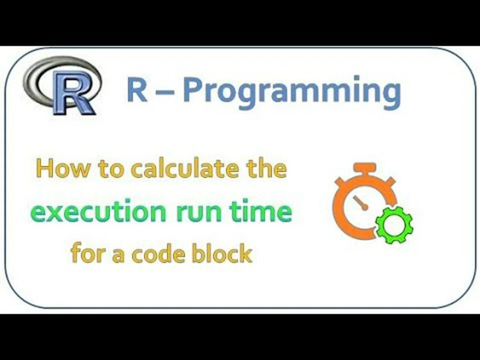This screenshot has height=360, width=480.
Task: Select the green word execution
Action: pos(99,211)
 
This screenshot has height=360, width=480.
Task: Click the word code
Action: pos(157,254)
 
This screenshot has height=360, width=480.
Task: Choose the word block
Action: pos(222,253)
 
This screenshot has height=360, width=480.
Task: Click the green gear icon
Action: pos(394,225)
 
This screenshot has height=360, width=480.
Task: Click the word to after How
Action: pos(111,169)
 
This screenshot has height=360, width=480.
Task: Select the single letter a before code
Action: pos(118,255)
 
